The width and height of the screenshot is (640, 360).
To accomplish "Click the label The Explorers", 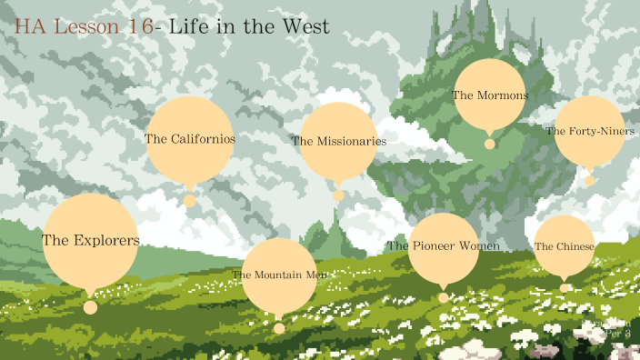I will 90,241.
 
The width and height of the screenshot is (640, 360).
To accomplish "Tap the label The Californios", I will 189,139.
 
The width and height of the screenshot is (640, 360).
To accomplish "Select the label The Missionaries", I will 338,141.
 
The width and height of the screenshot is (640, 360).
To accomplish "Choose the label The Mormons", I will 489,95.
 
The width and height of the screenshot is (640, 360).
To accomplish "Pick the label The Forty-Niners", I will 589,131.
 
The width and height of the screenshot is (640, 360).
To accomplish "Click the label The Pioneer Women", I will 443,246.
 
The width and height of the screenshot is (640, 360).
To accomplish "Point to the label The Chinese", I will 564,246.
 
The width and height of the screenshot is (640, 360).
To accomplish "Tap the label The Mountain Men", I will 278,275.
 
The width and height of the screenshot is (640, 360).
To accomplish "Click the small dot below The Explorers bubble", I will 90,307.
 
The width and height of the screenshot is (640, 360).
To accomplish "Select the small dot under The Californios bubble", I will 189,201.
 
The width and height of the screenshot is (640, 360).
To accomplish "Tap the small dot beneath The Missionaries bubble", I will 338,195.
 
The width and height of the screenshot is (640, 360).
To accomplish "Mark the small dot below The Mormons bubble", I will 489,144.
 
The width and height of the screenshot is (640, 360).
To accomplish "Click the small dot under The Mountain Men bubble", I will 278,328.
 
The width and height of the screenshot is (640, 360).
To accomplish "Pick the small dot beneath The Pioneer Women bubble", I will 443,297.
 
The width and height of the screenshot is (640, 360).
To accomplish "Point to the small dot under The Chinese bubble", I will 564,288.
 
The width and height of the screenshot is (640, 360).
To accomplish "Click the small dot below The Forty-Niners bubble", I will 589,181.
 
